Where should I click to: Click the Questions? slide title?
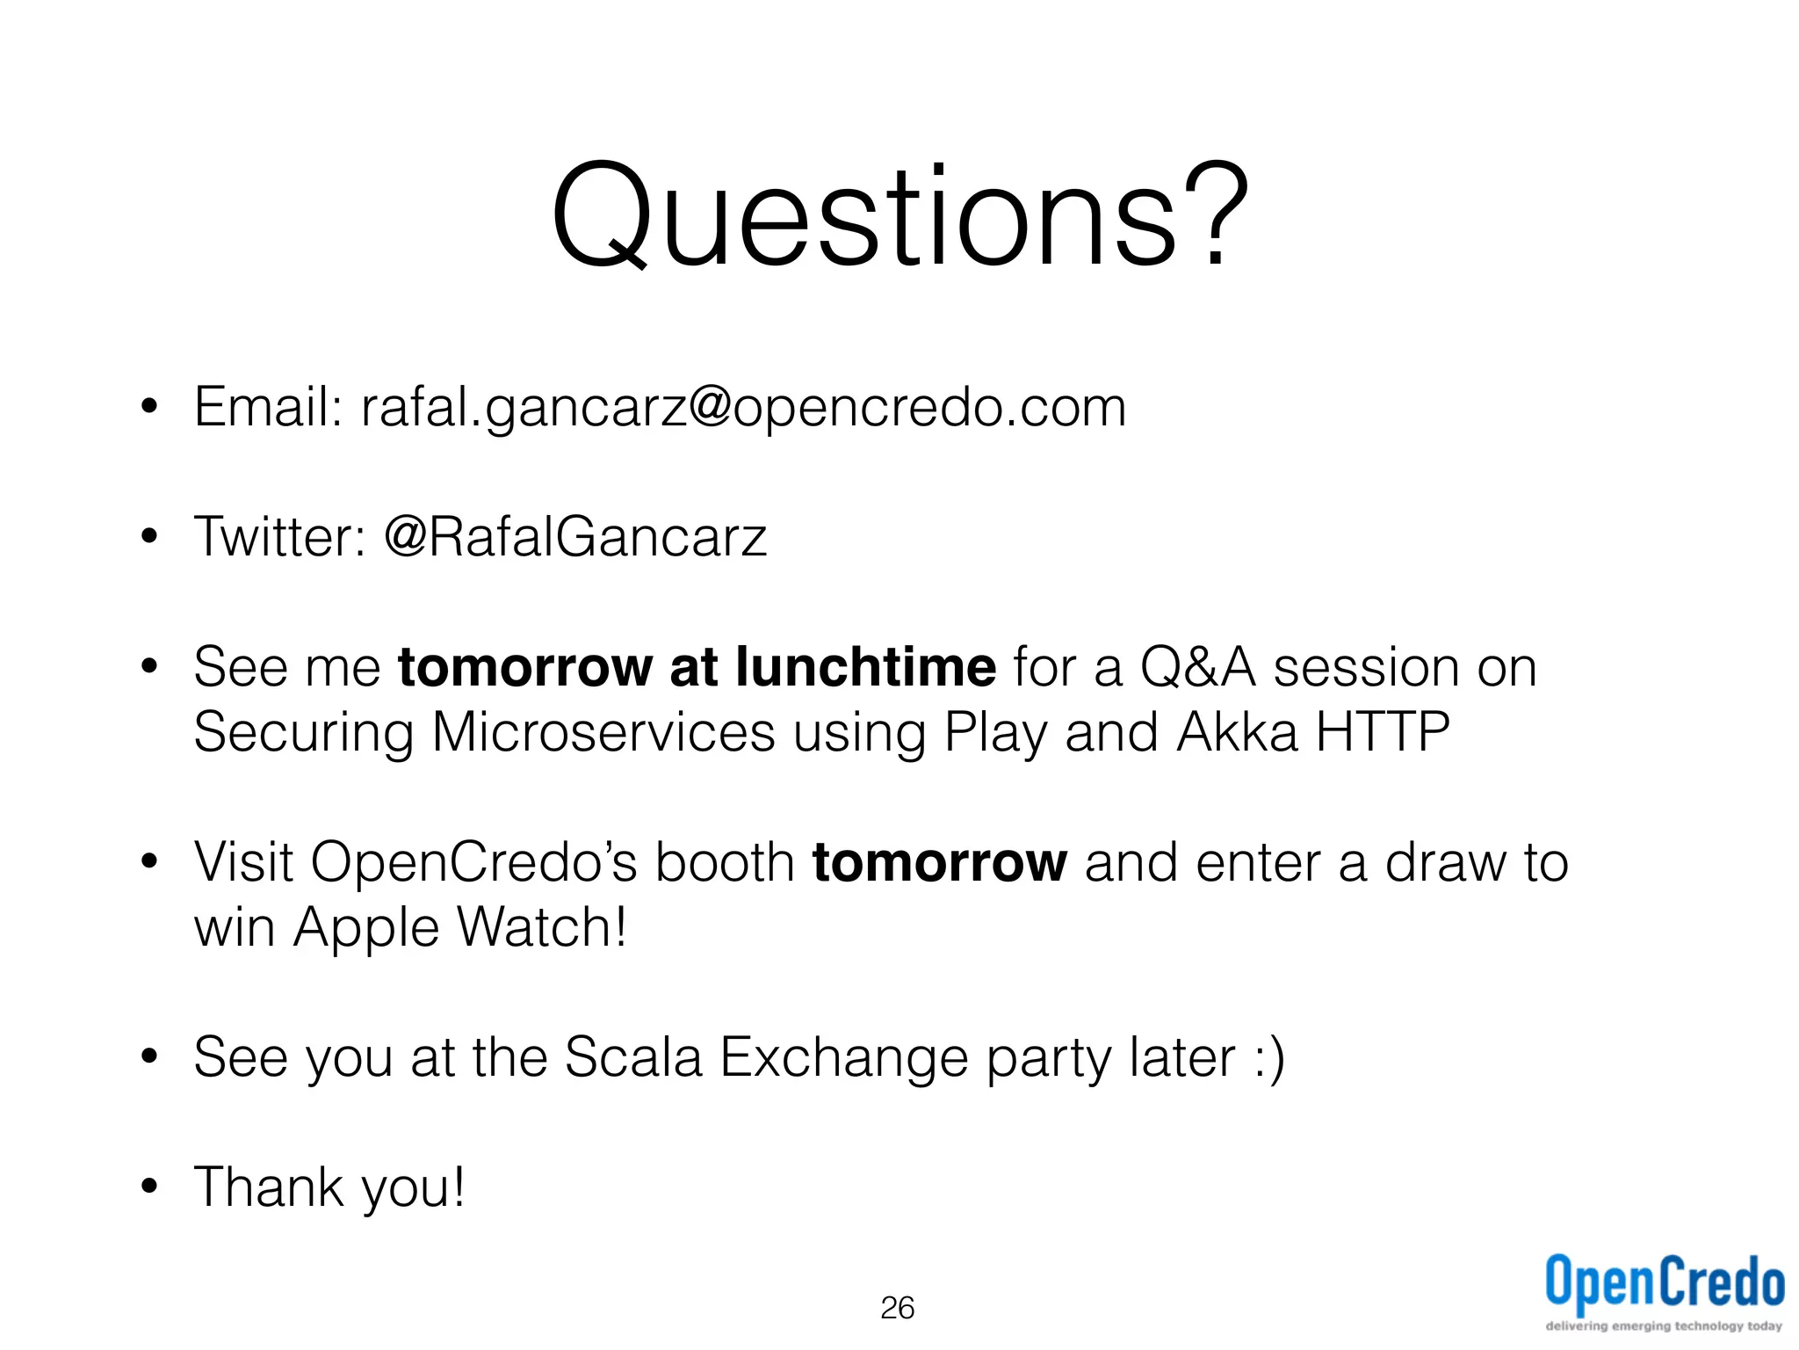coord(899,215)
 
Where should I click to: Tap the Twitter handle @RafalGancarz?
coord(575,536)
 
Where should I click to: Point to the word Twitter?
coord(279,536)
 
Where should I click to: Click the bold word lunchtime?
coord(865,666)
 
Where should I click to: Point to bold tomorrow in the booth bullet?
coord(939,861)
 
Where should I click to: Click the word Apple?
coord(365,928)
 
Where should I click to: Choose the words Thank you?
coord(329,1187)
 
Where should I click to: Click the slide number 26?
coord(897,1308)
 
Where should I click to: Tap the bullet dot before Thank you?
coord(149,1187)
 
